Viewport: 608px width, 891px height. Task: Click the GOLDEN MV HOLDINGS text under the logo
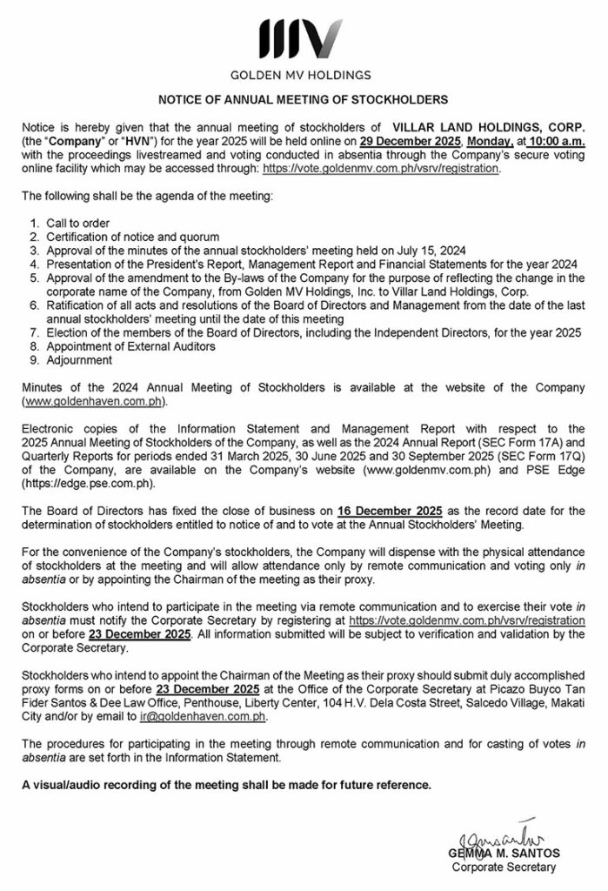point(304,75)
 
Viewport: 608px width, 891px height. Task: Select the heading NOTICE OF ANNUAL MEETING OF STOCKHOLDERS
point(304,100)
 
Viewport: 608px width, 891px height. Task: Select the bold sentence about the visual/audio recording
point(226,786)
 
